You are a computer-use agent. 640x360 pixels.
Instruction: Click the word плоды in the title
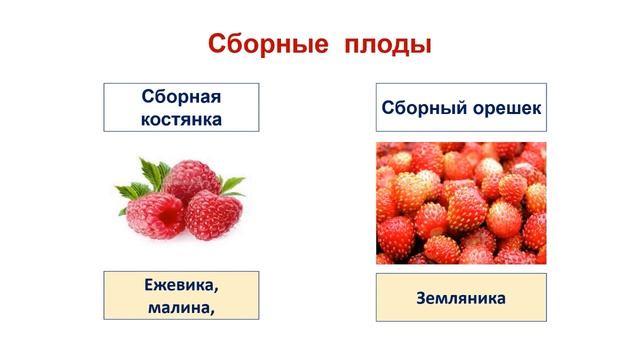tap(390, 45)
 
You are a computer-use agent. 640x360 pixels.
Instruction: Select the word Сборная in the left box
tap(180, 98)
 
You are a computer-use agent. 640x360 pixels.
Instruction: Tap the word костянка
tap(180, 119)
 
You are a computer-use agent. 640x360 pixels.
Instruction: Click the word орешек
tap(509, 109)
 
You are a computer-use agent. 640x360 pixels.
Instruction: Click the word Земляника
tap(461, 297)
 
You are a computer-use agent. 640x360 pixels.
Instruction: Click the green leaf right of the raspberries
tap(232, 184)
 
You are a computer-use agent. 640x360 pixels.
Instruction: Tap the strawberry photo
tap(461, 203)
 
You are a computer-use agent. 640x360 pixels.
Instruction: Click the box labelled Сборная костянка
tap(180, 108)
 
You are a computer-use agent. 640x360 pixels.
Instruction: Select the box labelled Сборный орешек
tap(461, 108)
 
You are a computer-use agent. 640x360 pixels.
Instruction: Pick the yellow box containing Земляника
tap(461, 297)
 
